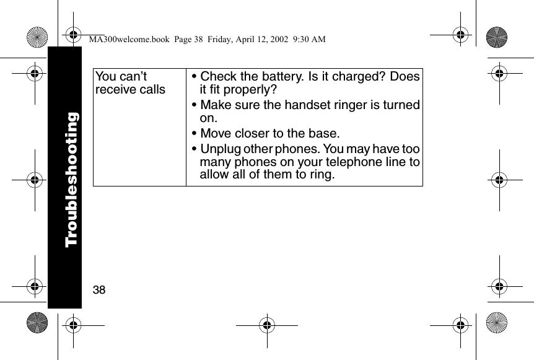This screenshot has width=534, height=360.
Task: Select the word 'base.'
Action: click(323, 134)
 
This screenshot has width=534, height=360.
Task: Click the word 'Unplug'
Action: click(221, 149)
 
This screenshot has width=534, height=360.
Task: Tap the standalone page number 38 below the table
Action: click(99, 290)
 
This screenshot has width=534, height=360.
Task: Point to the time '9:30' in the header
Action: click(299, 40)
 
